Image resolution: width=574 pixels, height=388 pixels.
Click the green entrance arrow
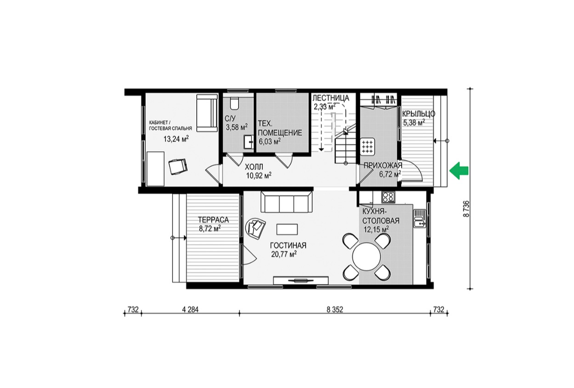459,171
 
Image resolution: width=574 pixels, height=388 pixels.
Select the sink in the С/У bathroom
248,142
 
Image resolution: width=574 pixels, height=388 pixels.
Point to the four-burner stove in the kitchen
388,197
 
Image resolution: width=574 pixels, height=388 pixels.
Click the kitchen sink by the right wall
420,218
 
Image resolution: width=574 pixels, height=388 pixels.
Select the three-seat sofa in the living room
286,202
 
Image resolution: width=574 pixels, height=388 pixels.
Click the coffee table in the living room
287,229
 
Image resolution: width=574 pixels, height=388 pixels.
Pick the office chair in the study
178,166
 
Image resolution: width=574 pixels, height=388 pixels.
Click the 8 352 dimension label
335,309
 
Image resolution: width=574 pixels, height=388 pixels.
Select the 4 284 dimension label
190,309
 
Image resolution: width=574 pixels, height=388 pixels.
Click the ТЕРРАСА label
213,220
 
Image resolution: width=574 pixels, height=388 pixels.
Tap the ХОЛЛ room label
254,167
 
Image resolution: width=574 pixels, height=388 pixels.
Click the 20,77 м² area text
284,254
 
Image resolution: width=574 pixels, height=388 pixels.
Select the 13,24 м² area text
176,139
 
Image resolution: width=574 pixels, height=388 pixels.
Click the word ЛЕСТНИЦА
331,97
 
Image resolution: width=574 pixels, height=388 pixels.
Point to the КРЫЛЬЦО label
419,114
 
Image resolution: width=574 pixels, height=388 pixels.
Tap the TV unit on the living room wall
301,280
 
